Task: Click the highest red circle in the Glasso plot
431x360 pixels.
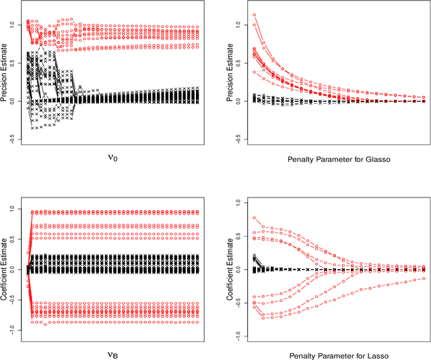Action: tap(254, 15)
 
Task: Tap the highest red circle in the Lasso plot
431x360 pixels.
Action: tap(254, 218)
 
